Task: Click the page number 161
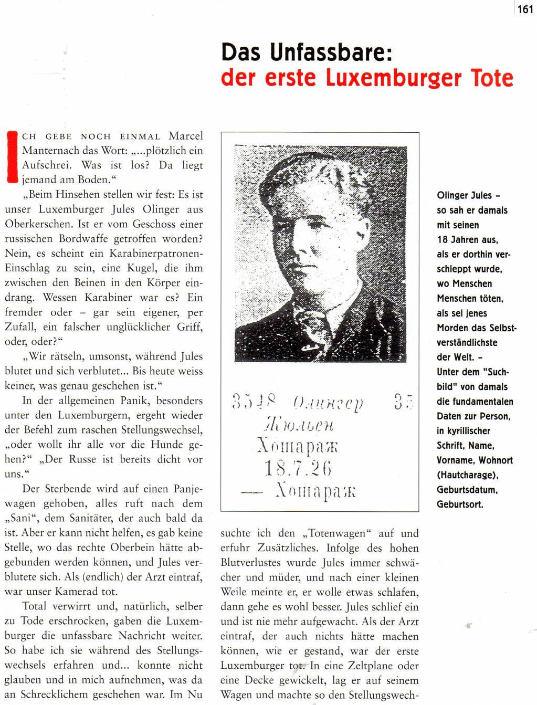[x=525, y=9]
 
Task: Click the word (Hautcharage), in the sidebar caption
[x=467, y=475]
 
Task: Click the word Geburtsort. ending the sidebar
[x=460, y=504]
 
